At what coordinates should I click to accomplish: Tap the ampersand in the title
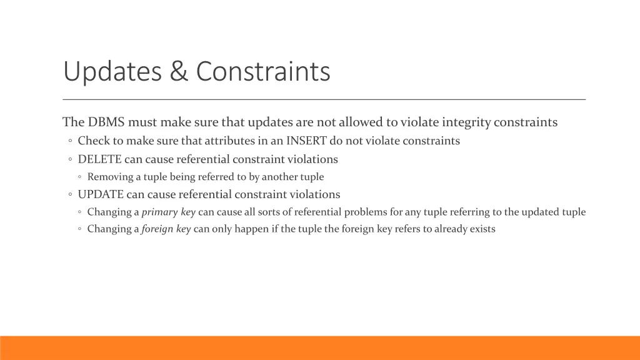(179, 72)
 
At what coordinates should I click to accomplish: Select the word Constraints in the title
(262, 72)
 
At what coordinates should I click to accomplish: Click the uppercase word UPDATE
(102, 194)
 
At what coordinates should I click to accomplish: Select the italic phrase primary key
(169, 212)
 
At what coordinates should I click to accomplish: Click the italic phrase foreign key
(166, 229)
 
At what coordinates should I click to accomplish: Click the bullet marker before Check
(70, 141)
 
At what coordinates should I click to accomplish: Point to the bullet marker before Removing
(81, 177)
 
